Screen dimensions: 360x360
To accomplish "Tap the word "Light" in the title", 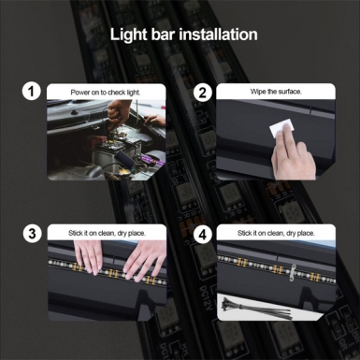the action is (127, 35).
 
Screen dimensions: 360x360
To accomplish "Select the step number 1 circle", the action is (31, 92).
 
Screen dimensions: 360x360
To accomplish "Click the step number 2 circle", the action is (202, 93).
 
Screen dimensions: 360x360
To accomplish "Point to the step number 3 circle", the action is (32, 234).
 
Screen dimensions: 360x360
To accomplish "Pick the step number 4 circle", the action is (202, 234).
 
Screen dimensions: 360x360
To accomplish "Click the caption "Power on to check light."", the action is (106, 93).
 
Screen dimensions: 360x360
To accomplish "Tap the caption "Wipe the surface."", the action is (276, 92).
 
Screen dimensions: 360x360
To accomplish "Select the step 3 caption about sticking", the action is (107, 233).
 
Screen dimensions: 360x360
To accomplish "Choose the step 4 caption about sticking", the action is (276, 233).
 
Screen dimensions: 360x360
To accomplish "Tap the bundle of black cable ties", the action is (256, 309).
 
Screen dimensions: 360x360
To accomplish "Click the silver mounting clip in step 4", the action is (292, 273).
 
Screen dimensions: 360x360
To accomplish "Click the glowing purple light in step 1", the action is (153, 162).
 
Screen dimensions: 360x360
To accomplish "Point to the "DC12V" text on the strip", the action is (206, 298).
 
